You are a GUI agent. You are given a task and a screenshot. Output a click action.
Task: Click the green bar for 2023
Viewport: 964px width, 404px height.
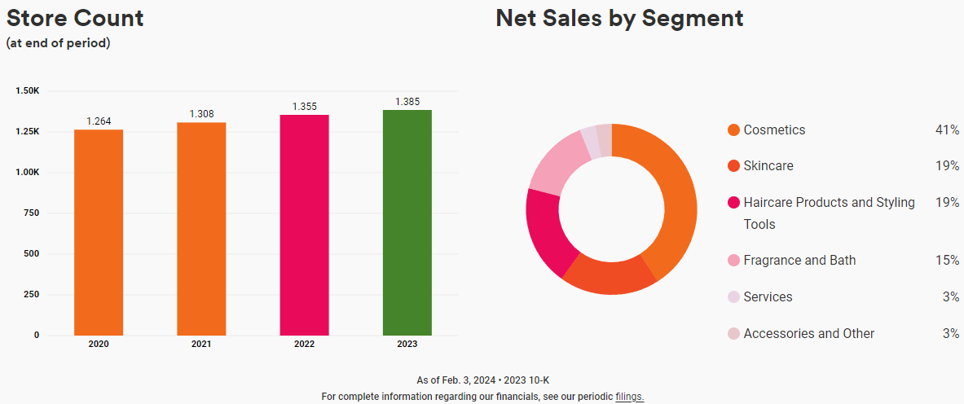[407, 222]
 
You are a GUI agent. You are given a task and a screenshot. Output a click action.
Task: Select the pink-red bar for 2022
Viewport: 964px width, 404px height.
[304, 225]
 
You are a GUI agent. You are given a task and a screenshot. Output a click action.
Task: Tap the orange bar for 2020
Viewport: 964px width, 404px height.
[99, 232]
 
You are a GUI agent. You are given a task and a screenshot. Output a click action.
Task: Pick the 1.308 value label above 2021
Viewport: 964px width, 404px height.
[201, 114]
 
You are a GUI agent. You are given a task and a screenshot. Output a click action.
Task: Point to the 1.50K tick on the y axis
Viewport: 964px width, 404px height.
[27, 90]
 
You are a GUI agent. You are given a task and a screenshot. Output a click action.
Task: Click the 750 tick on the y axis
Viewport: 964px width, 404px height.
[31, 213]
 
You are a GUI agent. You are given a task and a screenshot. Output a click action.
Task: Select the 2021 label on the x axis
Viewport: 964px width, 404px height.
[201, 344]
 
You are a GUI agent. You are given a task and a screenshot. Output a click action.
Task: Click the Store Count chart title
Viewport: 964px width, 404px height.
[75, 18]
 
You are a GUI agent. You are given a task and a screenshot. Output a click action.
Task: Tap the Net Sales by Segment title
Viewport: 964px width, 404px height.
[619, 18]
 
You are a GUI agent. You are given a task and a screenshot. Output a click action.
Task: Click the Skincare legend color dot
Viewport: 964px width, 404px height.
[733, 166]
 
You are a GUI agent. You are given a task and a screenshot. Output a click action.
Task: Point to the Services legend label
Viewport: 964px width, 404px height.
[768, 296]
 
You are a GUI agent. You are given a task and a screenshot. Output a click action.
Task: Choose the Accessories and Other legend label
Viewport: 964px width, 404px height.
[808, 333]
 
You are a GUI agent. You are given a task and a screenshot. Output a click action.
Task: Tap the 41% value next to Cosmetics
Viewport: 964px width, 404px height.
[947, 130]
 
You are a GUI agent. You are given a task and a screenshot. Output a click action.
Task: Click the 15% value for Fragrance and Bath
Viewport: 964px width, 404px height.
[947, 261]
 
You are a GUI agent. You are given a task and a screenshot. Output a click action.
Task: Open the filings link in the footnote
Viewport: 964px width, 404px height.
[630, 397]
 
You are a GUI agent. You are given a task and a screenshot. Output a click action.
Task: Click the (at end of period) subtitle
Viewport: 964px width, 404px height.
[58, 43]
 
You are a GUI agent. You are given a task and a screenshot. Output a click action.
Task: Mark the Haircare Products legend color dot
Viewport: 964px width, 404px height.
[733, 203]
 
